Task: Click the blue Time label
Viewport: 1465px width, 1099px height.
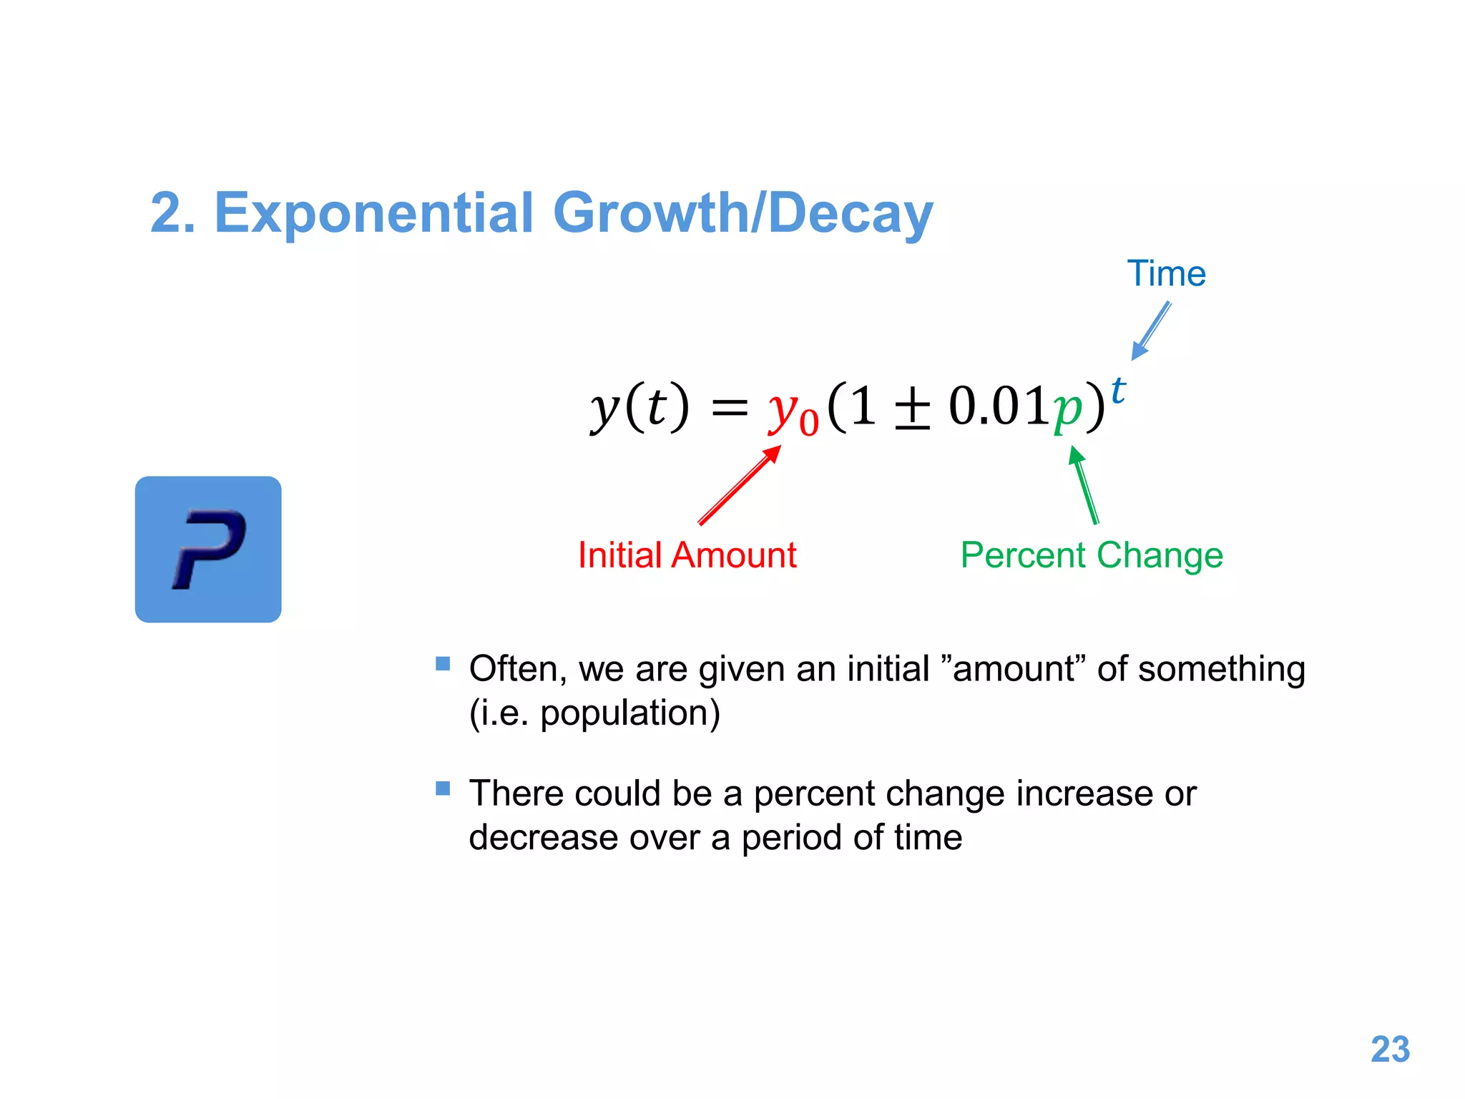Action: (1166, 274)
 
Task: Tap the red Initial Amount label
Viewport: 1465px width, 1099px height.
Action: (687, 555)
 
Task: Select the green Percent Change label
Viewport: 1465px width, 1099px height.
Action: (1092, 555)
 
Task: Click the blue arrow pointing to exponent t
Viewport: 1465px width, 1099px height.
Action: (1151, 331)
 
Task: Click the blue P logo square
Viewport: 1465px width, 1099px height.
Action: (208, 549)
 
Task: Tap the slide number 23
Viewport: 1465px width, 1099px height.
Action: (1389, 1050)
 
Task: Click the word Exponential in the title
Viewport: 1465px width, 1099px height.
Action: (373, 213)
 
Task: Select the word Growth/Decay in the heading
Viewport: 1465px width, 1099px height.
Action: (743, 213)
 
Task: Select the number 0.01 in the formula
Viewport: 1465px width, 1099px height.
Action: (998, 406)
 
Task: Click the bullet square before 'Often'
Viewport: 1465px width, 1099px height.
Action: (443, 663)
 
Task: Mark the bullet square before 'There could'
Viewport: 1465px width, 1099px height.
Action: (443, 788)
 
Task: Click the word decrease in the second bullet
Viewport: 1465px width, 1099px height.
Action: (543, 837)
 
